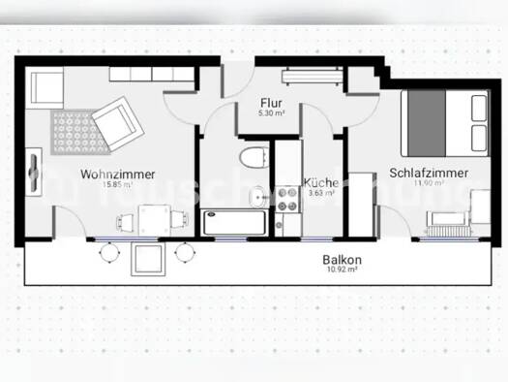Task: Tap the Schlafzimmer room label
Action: coord(429,173)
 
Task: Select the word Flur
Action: coord(270,101)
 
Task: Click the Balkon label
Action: coord(343,260)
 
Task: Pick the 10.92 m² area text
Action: coord(343,271)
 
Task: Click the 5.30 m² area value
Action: coord(270,112)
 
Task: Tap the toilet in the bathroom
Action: coord(254,158)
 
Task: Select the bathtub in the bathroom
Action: coord(235,222)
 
